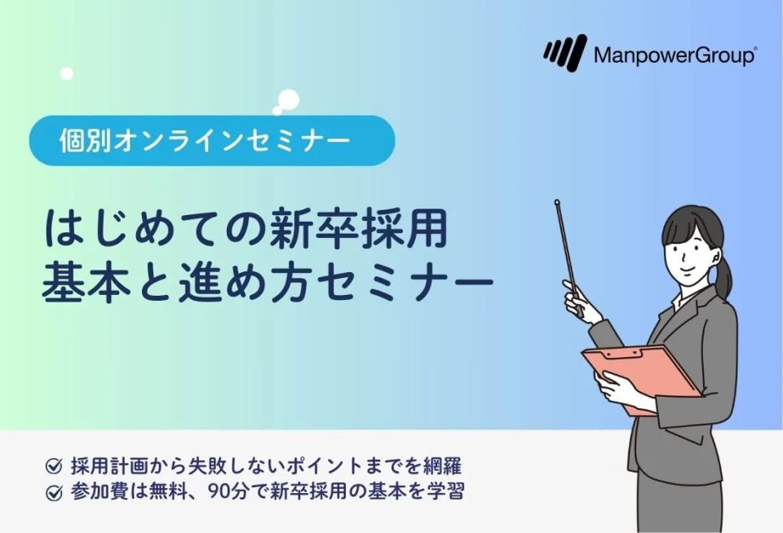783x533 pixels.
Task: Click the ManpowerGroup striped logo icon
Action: click(564, 52)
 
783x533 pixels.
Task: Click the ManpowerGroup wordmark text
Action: click(675, 55)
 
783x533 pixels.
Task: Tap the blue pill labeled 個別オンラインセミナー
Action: click(212, 141)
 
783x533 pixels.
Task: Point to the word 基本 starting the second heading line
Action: click(86, 283)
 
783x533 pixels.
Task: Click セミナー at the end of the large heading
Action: click(404, 284)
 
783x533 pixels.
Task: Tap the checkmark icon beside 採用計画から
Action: click(54, 466)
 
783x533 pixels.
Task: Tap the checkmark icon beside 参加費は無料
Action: click(54, 492)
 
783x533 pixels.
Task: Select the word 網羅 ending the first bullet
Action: click(443, 466)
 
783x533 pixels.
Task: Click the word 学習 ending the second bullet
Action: click(445, 492)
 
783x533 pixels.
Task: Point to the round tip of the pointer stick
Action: click(557, 203)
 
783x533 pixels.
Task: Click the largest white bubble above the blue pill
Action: click(289, 99)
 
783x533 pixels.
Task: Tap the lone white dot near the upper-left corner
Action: click(67, 74)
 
